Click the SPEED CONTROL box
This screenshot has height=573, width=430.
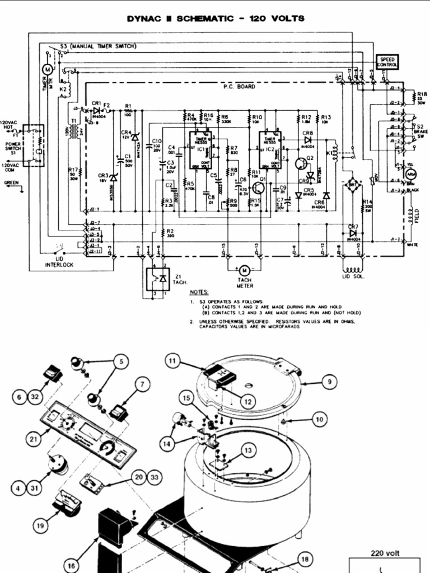(387, 62)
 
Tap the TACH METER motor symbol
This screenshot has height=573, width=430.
(244, 270)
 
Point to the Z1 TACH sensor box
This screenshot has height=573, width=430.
(157, 278)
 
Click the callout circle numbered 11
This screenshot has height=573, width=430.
(174, 361)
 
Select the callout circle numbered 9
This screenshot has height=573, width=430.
(330, 382)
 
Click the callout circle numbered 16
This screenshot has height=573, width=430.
(71, 566)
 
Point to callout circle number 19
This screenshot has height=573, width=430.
(40, 525)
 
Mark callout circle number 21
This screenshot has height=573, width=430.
(34, 439)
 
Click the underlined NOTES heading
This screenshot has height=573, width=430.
(199, 292)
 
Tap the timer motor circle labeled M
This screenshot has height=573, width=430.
(47, 68)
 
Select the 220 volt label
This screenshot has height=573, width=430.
(385, 553)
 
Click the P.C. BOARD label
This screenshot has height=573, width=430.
(239, 87)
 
